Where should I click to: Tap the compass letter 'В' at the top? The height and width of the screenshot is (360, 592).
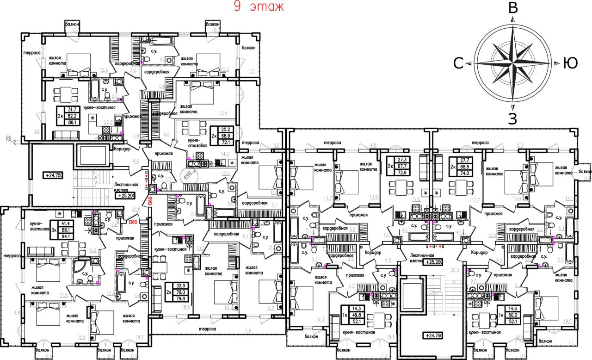(x=512, y=8)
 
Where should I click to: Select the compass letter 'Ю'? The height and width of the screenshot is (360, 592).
(x=570, y=63)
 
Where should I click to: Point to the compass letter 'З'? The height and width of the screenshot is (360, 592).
(x=512, y=119)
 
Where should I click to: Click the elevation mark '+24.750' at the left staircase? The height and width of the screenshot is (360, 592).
(x=54, y=175)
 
